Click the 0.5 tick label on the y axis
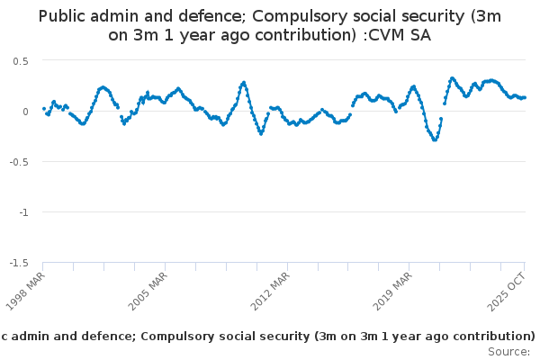(20, 60)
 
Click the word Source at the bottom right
(508, 351)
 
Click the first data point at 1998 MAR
(43, 109)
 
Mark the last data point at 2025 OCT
(525, 97)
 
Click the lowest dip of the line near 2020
(435, 139)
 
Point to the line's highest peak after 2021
(452, 78)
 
